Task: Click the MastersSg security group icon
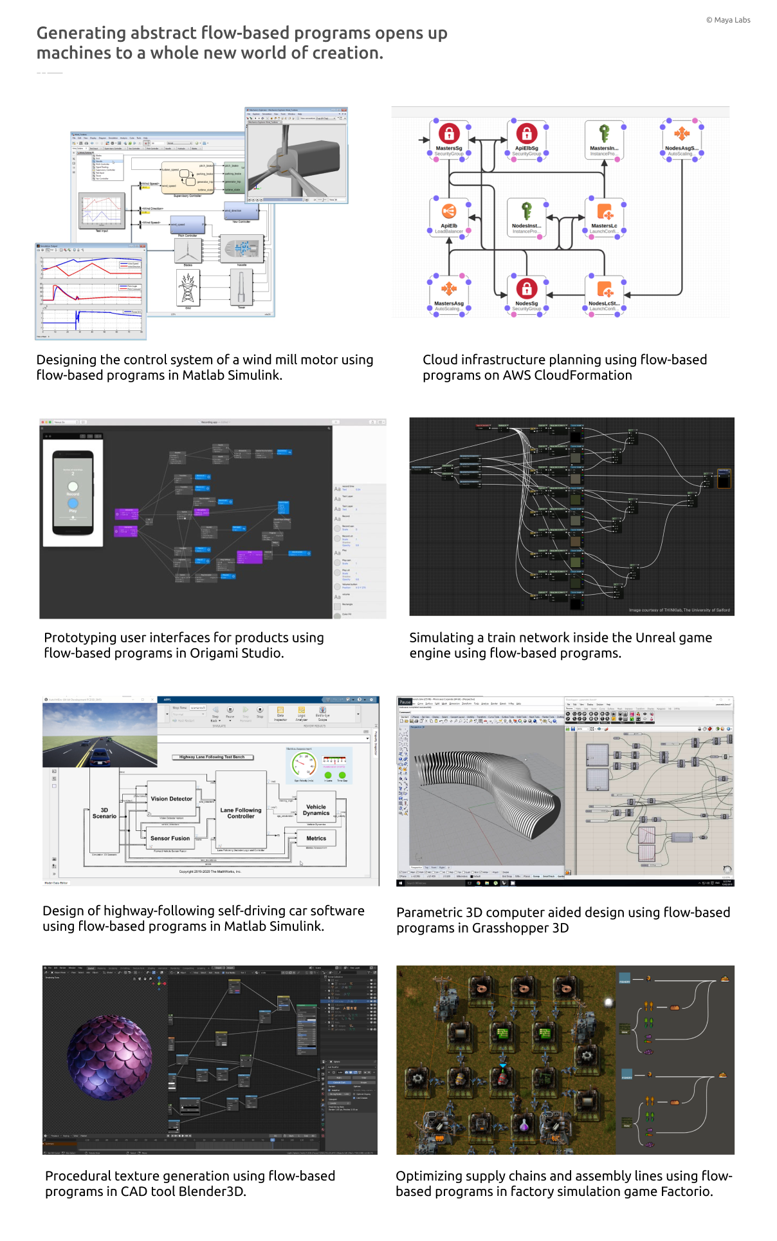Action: pyautogui.click(x=449, y=133)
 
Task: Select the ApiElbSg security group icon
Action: pyautogui.click(x=527, y=133)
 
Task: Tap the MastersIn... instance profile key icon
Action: pyautogui.click(x=604, y=133)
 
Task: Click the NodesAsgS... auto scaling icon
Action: pyautogui.click(x=682, y=133)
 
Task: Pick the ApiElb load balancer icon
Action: pyautogui.click(x=449, y=211)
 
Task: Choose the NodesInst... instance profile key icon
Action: pyautogui.click(x=527, y=211)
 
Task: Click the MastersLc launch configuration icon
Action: pyautogui.click(x=604, y=211)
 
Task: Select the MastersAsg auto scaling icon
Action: pyautogui.click(x=449, y=288)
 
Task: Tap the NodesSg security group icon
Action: pyautogui.click(x=527, y=288)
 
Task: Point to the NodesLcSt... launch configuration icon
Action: pyautogui.click(x=604, y=288)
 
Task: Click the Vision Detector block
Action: pyautogui.click(x=172, y=799)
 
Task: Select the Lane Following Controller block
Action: pyautogui.click(x=241, y=813)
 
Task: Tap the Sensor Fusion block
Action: pyautogui.click(x=170, y=838)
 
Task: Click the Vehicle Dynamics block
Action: pyautogui.click(x=316, y=810)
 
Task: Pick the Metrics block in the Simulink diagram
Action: pyautogui.click(x=316, y=838)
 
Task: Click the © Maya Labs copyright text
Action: pyautogui.click(x=728, y=20)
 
